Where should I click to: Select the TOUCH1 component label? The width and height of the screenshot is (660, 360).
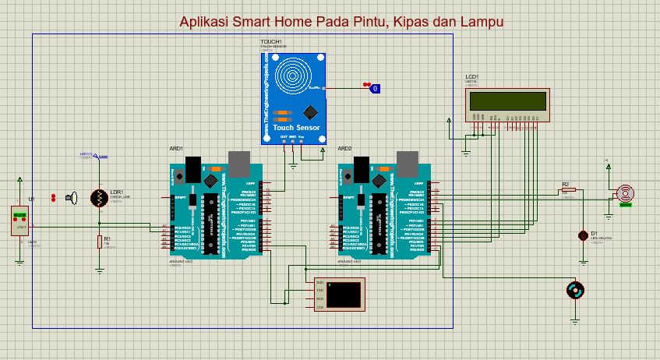[x=271, y=41]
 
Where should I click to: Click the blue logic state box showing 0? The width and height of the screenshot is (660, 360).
[x=375, y=89]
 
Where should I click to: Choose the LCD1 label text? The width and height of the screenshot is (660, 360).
[x=472, y=76]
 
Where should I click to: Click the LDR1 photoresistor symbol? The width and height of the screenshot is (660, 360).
[x=99, y=198]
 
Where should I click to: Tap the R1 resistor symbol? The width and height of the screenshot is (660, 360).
[x=99, y=241]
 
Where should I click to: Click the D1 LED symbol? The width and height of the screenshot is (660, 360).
[x=582, y=235]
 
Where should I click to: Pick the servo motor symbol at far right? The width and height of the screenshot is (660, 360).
[x=623, y=194]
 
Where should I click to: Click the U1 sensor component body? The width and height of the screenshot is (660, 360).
[x=17, y=221]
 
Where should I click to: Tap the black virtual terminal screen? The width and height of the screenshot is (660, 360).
[x=344, y=293]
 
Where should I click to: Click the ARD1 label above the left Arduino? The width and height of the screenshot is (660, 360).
[x=176, y=148]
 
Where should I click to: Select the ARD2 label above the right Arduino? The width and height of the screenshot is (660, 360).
[x=344, y=148]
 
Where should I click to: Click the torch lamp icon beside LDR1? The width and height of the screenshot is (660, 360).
[x=72, y=198]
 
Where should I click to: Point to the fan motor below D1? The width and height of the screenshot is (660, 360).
[x=575, y=291]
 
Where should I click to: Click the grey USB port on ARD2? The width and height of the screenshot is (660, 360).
[x=406, y=162]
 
